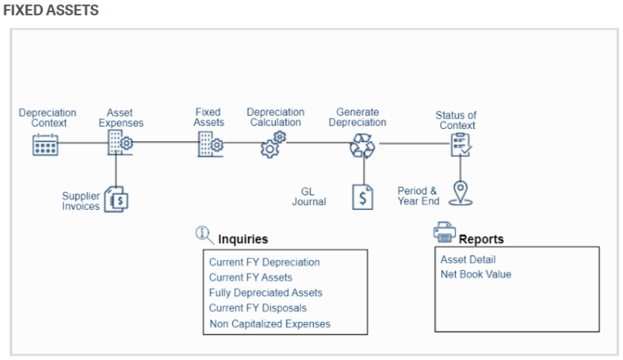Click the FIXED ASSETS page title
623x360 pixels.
point(50,11)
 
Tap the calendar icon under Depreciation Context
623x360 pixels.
point(46,144)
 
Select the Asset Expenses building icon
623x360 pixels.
point(119,144)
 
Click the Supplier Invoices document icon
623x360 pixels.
point(117,199)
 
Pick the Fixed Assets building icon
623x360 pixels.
point(210,144)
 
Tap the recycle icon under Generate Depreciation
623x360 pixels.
point(362,145)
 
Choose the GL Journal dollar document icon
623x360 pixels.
point(362,197)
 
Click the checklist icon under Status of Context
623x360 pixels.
point(460,144)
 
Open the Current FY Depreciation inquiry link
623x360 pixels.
point(264,263)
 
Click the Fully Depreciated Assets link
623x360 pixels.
point(265,293)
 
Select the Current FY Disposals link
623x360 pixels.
point(258,308)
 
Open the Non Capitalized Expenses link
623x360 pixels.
point(269,324)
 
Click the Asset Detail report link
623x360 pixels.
point(468,259)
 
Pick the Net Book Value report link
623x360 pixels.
point(476,274)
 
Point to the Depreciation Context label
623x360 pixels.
point(48,118)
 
